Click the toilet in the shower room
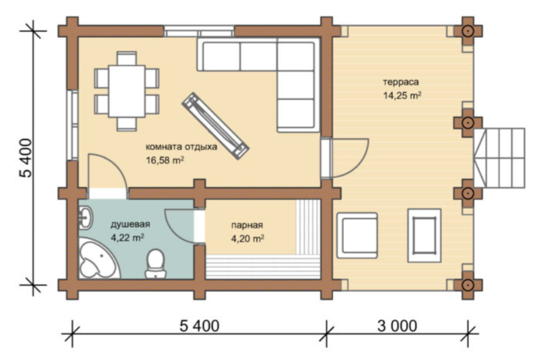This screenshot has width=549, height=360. click(155, 264)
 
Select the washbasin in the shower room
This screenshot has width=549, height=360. click(85, 217)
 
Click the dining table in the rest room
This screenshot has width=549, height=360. click(127, 91)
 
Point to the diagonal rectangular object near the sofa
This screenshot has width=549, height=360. click(215, 126)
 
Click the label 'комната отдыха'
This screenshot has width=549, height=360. click(181, 147)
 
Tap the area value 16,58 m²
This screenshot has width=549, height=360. click(165, 160)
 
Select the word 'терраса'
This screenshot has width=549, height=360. click(401, 83)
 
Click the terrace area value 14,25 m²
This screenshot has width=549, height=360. click(402, 96)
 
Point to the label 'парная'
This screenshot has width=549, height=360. click(247, 225)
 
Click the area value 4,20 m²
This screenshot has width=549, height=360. click(247, 239)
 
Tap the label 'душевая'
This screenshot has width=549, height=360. click(131, 225)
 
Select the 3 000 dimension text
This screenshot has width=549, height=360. click(397, 326)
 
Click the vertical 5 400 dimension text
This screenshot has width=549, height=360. click(26, 158)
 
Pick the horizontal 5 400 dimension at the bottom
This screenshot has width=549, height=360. click(199, 326)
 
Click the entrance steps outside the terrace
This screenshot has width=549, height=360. click(499, 158)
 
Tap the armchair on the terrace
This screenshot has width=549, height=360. click(357, 235)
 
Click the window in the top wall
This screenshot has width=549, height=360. click(199, 31)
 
